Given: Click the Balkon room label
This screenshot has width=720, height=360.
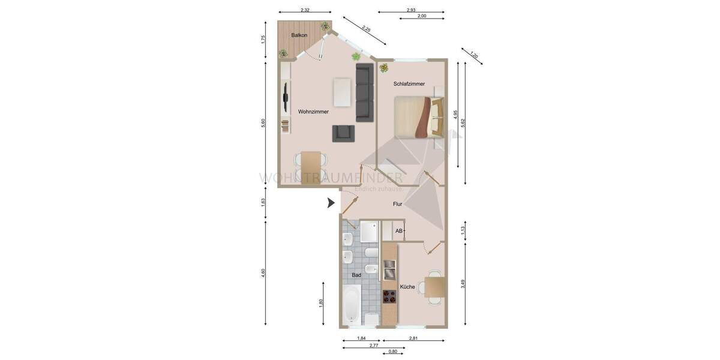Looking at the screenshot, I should pyautogui.click(x=299, y=36).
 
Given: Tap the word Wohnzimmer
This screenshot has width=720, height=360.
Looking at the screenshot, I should pyautogui.click(x=313, y=112).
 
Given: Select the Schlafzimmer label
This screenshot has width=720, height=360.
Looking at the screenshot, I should pyautogui.click(x=409, y=84).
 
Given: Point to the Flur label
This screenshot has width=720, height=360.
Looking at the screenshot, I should pyautogui.click(x=397, y=205).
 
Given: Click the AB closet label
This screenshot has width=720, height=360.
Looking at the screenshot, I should pyautogui.click(x=398, y=230).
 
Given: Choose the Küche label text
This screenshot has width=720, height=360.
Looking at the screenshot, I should pyautogui.click(x=407, y=287).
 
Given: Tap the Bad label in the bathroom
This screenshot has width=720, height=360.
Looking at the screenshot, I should pyautogui.click(x=356, y=275).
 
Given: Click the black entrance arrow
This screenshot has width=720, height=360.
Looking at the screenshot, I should pyautogui.click(x=330, y=203).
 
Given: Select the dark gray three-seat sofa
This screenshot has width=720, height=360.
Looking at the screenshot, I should pyautogui.click(x=364, y=93).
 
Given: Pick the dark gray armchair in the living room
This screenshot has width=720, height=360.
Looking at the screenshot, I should pyautogui.click(x=343, y=133).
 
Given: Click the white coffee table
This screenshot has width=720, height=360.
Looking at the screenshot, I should pyautogui.click(x=343, y=91).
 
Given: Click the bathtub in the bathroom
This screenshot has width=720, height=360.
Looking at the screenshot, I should pyautogui.click(x=352, y=305).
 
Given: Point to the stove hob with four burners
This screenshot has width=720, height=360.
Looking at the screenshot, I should pyautogui.click(x=390, y=296).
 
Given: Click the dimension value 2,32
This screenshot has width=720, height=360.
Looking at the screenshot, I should pyautogui.click(x=305, y=10).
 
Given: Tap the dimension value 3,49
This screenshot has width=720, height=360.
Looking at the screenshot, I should pyautogui.click(x=463, y=284).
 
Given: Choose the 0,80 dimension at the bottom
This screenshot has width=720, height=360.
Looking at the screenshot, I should pyautogui.click(x=393, y=352).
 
